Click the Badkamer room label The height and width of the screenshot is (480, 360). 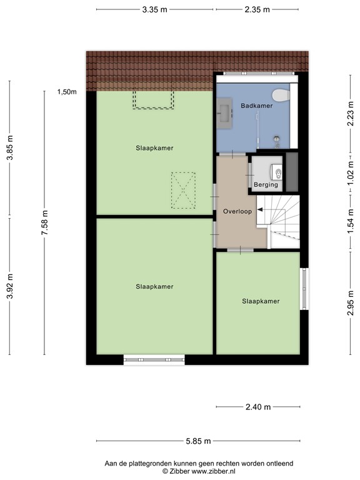(256, 106)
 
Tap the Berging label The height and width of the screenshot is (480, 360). (265, 184)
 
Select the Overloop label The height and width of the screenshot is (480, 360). (237, 212)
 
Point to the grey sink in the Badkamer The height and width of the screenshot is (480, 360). (224, 112)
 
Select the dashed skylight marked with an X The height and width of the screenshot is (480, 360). (183, 190)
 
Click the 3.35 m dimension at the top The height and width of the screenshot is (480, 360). (154, 9)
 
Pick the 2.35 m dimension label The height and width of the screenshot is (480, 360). (257, 9)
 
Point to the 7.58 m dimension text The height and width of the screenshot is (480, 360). (44, 222)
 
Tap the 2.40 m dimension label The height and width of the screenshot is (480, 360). (257, 407)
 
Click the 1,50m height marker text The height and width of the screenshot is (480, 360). (67, 92)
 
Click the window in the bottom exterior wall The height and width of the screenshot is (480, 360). (154, 359)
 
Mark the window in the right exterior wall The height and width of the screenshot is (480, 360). (304, 288)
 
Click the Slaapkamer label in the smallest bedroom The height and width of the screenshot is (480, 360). (261, 301)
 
